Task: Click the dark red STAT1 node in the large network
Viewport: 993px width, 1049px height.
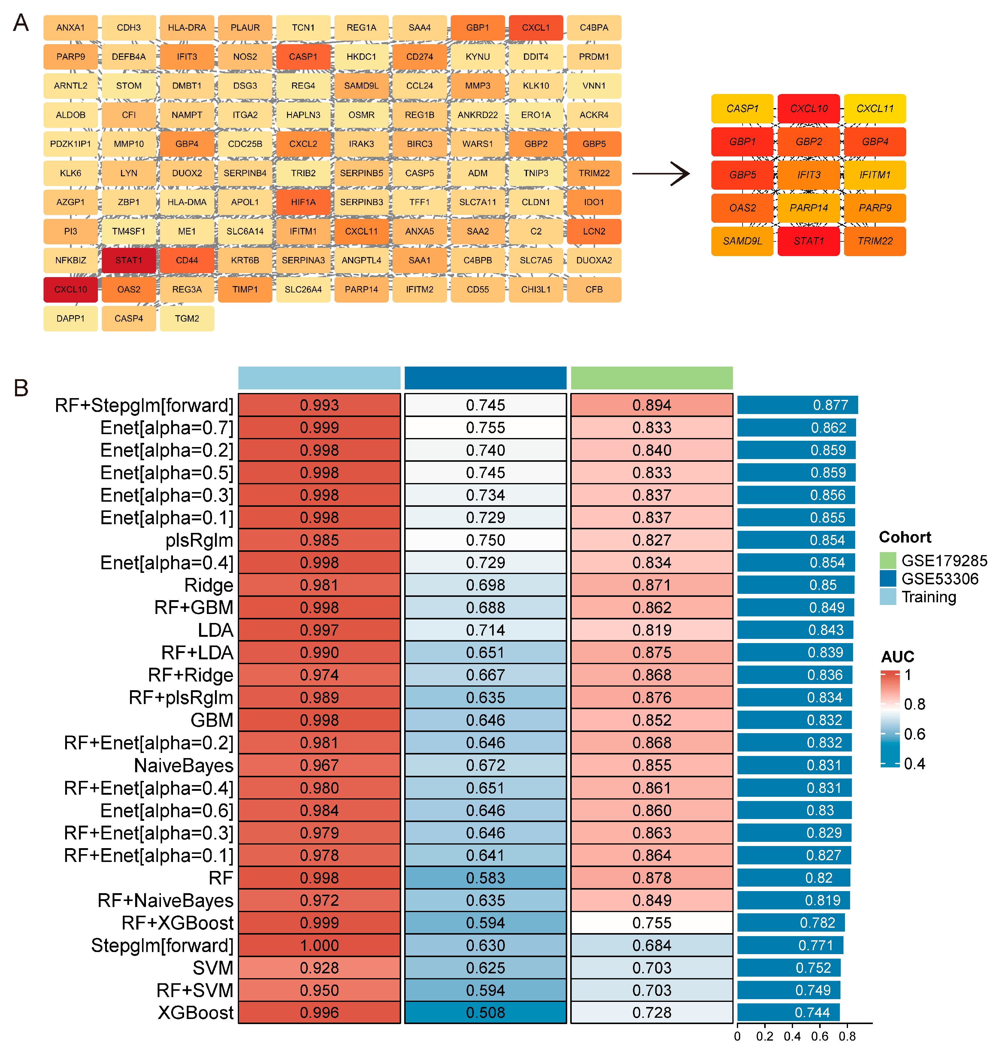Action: click(x=129, y=260)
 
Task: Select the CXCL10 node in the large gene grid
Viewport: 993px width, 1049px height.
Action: click(x=70, y=289)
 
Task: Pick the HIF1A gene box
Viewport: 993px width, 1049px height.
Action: click(x=303, y=202)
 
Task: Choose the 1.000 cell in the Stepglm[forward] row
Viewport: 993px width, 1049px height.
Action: click(x=319, y=945)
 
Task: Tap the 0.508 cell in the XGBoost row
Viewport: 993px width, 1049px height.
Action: click(x=485, y=1012)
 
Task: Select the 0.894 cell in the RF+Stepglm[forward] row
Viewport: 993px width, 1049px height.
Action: click(x=652, y=405)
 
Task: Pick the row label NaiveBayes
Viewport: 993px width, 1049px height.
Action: click(x=184, y=765)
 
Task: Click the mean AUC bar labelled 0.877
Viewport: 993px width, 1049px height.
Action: click(x=797, y=405)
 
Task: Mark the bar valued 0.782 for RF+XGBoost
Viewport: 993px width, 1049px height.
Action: click(x=791, y=923)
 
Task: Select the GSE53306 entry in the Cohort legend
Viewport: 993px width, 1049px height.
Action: click(x=940, y=579)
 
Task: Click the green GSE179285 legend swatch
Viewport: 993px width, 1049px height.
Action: click(x=888, y=560)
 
